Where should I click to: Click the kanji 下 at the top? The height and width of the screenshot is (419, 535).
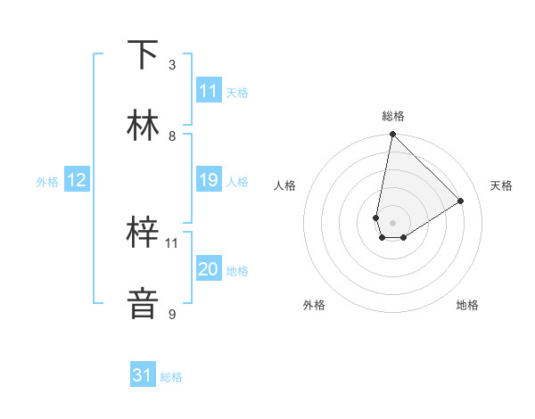(144, 55)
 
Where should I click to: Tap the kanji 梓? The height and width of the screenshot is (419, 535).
(144, 234)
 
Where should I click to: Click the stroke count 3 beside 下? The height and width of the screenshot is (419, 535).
(172, 65)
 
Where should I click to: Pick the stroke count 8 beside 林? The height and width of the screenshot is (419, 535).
(172, 136)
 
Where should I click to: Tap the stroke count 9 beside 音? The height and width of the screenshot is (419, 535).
(172, 314)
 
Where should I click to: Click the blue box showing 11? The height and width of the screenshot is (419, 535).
(209, 91)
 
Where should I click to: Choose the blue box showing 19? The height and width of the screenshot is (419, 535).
(209, 180)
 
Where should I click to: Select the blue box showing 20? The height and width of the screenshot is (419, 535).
(209, 269)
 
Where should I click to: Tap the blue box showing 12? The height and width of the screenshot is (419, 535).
(77, 180)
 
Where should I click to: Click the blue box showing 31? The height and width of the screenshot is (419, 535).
(143, 375)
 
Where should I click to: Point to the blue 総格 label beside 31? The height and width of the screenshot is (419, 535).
(171, 377)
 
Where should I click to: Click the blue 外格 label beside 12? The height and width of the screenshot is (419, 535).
(47, 182)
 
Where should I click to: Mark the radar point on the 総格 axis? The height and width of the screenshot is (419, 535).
(392, 135)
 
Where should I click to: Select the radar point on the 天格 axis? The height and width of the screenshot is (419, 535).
(461, 201)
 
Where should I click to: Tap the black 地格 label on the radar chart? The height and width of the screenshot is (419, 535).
(467, 305)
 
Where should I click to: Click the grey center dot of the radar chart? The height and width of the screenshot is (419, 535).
(392, 223)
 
